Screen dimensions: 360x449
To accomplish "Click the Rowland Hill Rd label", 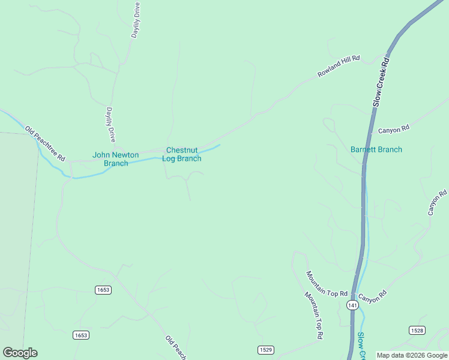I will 338,66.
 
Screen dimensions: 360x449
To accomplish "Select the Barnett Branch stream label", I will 376,149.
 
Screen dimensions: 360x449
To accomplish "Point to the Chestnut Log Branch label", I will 183,154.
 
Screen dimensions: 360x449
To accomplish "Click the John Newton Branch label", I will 115,159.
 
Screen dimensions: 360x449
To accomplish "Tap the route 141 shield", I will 352,305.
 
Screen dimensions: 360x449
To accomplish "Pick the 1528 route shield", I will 417,330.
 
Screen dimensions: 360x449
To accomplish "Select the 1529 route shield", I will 266,349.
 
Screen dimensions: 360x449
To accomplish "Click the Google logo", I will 20,353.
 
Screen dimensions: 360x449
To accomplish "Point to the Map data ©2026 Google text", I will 412,355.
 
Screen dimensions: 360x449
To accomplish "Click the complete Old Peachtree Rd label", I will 45,143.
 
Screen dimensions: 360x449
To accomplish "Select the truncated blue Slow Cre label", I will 361,346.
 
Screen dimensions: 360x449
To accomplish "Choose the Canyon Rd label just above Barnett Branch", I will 393,128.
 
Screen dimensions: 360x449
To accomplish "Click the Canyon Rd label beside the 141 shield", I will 372,296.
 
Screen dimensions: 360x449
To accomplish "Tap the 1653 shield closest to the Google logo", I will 81,335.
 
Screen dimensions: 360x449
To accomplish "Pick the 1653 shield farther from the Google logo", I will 103,290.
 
